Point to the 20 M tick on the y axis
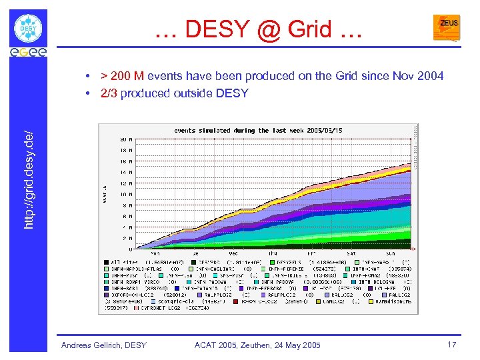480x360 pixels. pos(125,139)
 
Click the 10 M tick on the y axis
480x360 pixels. pos(125,194)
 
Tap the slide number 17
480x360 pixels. pos(451,344)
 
